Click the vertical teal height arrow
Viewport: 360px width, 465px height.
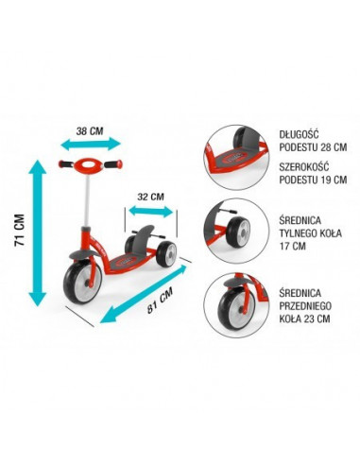point(38,232)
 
